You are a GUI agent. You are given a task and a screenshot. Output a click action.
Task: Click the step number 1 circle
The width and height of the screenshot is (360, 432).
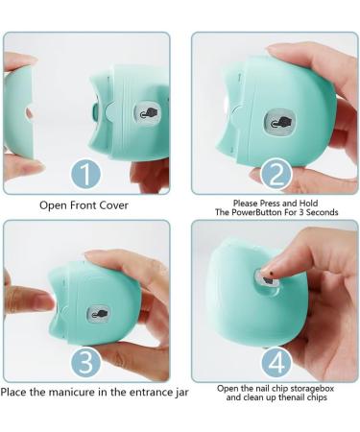85,175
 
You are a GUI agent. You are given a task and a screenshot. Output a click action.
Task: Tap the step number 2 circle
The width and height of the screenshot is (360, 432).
276,174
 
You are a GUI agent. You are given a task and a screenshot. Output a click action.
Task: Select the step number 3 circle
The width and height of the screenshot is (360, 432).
85,362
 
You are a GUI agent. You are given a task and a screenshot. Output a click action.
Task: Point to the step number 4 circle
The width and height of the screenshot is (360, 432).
276,362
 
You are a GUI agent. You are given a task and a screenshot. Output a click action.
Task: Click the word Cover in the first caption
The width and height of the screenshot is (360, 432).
113,205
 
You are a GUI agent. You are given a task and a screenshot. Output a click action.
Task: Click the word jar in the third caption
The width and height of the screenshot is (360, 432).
181,393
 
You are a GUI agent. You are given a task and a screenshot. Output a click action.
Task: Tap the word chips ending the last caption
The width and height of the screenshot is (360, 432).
317,397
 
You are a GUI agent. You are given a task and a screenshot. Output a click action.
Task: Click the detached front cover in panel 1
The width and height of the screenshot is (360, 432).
18,112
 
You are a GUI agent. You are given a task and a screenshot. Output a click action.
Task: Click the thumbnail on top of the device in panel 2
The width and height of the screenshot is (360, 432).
279,51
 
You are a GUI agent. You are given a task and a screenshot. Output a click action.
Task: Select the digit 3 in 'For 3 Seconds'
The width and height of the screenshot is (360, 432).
301,212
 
